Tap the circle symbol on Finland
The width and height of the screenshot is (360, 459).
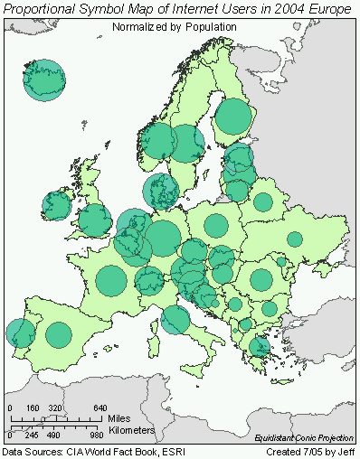click(x=232, y=117)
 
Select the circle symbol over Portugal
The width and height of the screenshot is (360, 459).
click(x=20, y=333)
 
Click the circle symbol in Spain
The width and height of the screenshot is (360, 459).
click(x=59, y=335)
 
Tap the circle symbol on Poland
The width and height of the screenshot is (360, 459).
click(x=216, y=226)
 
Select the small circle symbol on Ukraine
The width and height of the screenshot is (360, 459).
click(x=294, y=239)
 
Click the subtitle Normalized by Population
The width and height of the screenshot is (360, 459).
click(x=175, y=27)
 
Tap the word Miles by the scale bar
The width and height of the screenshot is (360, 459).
click(x=119, y=418)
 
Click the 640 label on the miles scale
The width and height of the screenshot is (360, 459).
click(x=99, y=407)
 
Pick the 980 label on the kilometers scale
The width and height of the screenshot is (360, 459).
click(x=98, y=436)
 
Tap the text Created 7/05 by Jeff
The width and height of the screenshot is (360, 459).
click(x=310, y=451)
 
